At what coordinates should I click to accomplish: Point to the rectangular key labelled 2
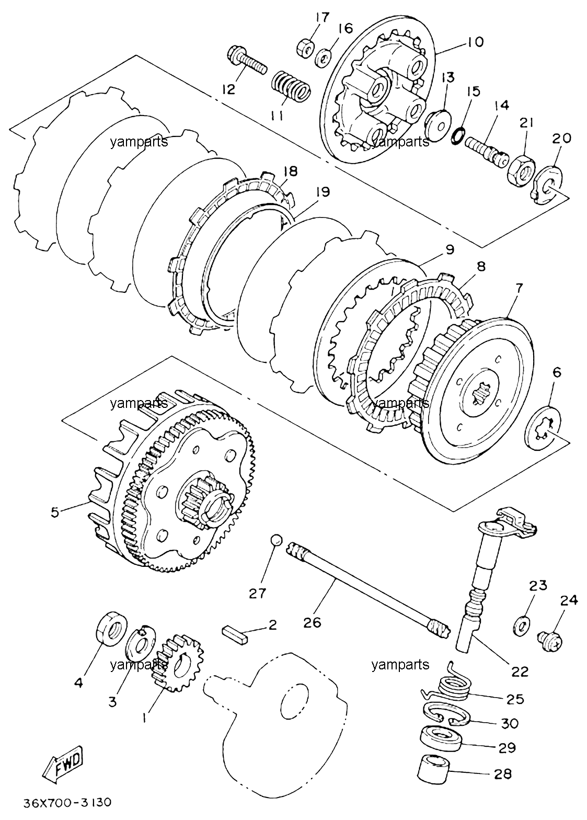coord(236,636)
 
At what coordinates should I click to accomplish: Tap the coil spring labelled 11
coord(292,87)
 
